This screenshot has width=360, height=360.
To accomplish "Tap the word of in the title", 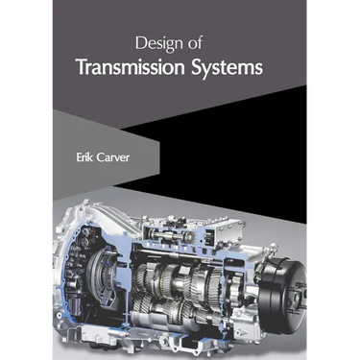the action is [195, 43].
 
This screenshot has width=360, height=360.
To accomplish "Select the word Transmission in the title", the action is [132, 67].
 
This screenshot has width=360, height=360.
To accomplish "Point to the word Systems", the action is [228, 68].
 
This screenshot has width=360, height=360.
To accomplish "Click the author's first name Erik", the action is [84, 157].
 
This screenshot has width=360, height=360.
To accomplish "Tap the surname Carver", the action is [112, 157].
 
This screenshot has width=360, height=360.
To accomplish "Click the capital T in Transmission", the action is [82, 67].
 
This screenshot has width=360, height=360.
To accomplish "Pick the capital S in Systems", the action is [197, 67].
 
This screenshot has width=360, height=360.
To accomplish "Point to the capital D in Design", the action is [141, 43].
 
